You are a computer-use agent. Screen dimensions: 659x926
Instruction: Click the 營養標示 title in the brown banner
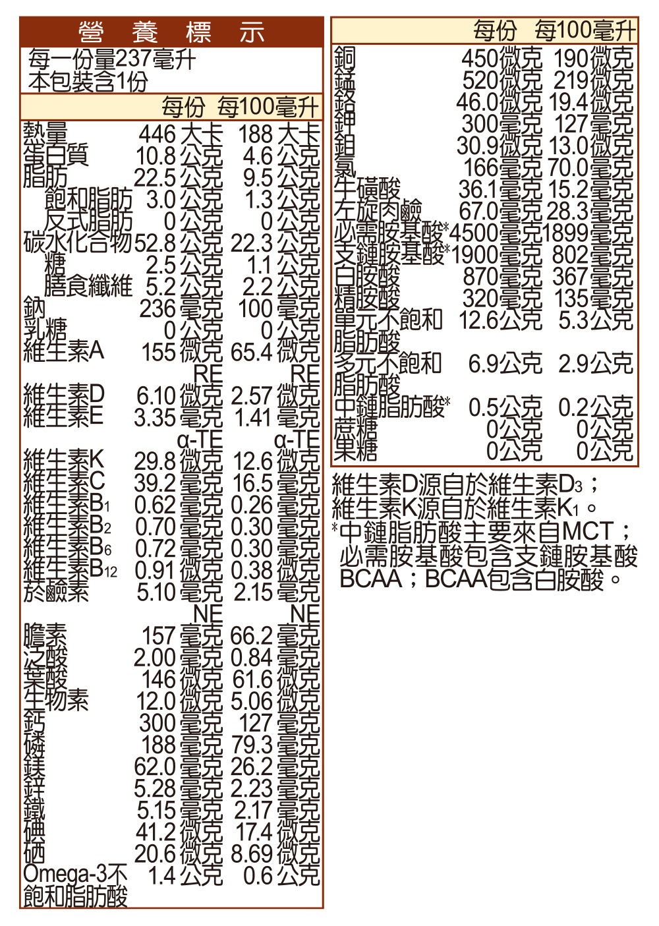click(x=171, y=32)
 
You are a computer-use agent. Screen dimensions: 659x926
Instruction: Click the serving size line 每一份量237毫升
click(x=112, y=60)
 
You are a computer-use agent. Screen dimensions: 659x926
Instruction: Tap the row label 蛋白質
click(x=56, y=156)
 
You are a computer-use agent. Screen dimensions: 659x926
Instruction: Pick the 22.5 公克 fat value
click(x=179, y=178)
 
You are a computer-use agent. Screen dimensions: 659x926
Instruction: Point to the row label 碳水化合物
click(x=78, y=243)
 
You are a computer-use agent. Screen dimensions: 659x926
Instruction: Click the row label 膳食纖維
click(x=88, y=286)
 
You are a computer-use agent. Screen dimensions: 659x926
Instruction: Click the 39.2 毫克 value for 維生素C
click(x=179, y=483)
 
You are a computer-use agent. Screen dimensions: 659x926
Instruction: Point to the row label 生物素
click(x=56, y=700)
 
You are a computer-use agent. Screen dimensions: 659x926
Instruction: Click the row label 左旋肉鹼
click(x=378, y=211)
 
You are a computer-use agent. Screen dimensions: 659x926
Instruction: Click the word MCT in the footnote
click(x=588, y=531)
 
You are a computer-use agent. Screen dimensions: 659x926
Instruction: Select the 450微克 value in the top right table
click(x=501, y=59)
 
